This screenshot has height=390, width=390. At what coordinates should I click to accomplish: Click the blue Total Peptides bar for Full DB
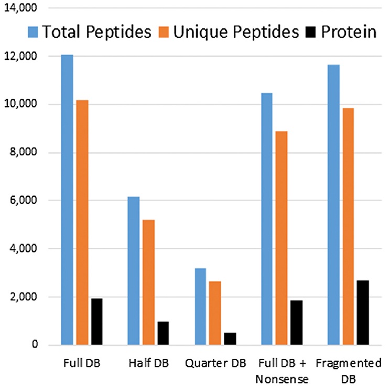coord(67,199)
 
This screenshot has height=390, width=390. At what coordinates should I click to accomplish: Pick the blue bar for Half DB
coord(133,270)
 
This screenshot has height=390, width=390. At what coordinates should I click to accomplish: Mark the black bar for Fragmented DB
coord(362,312)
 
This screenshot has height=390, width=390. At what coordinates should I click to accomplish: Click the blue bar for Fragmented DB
coord(333,205)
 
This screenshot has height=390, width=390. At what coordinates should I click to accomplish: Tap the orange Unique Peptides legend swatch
coord(164,31)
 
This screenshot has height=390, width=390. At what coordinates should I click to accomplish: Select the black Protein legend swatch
coord(310,31)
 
